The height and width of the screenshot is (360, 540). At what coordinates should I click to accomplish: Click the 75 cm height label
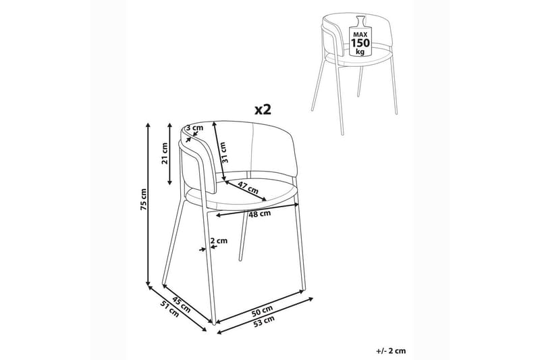tap(144, 199)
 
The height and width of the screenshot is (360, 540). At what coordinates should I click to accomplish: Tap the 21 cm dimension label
tap(165, 153)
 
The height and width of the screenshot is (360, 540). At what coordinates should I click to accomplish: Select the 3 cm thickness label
tap(194, 128)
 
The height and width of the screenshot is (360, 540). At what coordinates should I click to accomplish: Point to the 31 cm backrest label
tap(223, 152)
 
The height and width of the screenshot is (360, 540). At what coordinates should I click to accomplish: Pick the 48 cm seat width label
tap(260, 213)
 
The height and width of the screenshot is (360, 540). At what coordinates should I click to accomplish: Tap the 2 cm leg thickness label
tap(219, 240)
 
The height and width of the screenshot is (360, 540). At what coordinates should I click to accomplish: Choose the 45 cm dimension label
tap(181, 304)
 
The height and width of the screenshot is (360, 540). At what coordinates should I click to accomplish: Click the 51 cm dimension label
tap(170, 309)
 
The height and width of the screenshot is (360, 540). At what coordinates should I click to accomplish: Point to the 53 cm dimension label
tap(263, 321)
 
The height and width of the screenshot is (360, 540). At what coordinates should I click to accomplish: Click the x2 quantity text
tap(263, 109)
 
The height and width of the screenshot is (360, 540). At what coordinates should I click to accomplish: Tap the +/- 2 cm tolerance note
tap(391, 351)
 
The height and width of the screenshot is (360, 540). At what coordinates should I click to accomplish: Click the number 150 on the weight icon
tap(360, 43)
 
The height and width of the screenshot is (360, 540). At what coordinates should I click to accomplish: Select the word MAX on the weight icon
tap(360, 34)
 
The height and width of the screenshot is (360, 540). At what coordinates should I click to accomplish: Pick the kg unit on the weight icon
tap(360, 52)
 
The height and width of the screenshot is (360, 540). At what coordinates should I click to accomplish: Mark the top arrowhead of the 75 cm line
tap(148, 125)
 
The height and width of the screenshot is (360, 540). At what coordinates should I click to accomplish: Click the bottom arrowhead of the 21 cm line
tap(169, 182)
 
